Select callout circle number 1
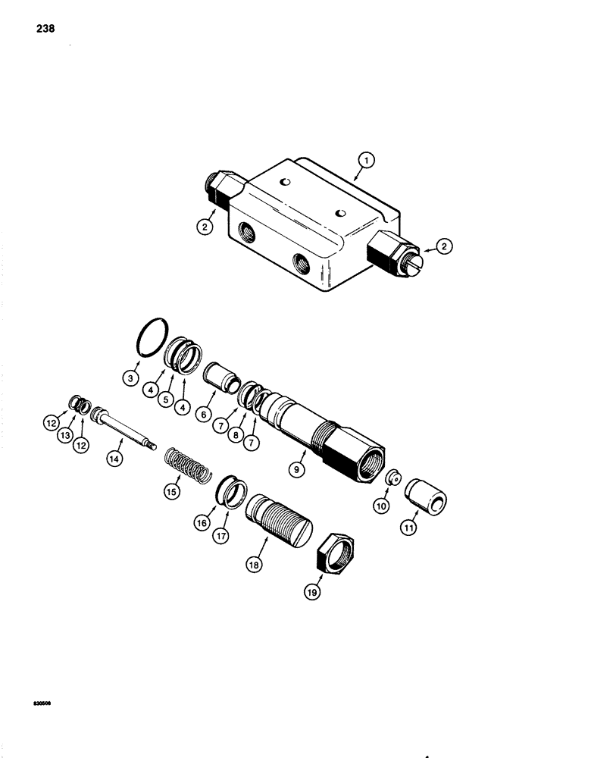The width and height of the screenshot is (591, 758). pos(366,160)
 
